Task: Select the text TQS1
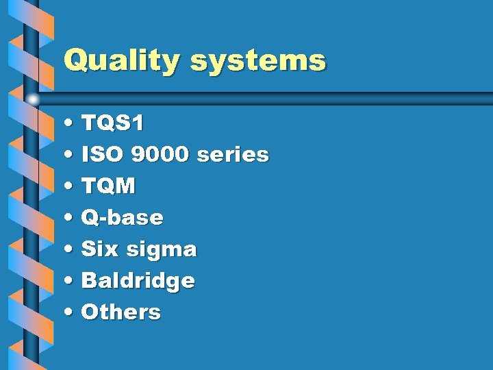pyautogui.click(x=112, y=123)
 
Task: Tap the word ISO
pyautogui.click(x=102, y=155)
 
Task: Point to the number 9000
pyautogui.click(x=159, y=155)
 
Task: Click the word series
pyautogui.click(x=232, y=155)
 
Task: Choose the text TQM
pyautogui.click(x=108, y=186)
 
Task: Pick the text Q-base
pyautogui.click(x=122, y=218)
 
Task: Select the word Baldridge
pyautogui.click(x=138, y=281)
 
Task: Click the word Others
pyautogui.click(x=121, y=312)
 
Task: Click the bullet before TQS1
pyautogui.click(x=71, y=125)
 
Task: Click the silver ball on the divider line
pyautogui.click(x=34, y=100)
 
